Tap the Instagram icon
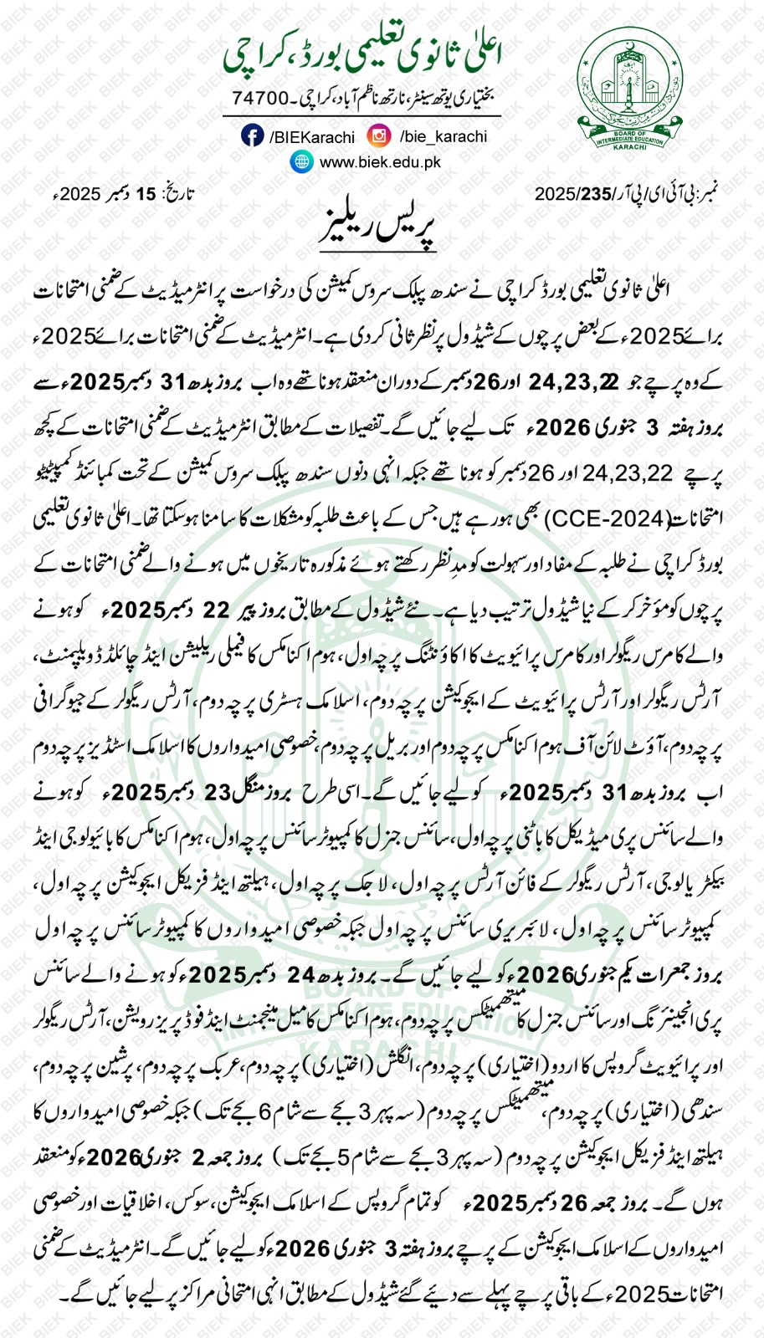(380, 135)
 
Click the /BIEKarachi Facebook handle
(311, 136)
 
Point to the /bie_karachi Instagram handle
(443, 136)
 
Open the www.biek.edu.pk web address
(380, 163)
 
